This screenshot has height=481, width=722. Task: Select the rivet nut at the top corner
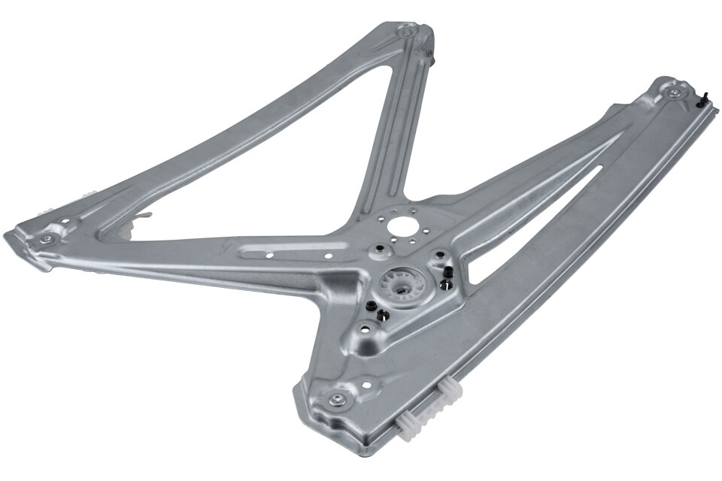(407, 33)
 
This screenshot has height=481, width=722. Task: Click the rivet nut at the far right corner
(675, 92)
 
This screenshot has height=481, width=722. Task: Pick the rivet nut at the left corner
(47, 238)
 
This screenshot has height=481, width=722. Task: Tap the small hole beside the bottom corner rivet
(366, 385)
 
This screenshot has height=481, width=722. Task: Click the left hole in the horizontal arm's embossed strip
(270, 254)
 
